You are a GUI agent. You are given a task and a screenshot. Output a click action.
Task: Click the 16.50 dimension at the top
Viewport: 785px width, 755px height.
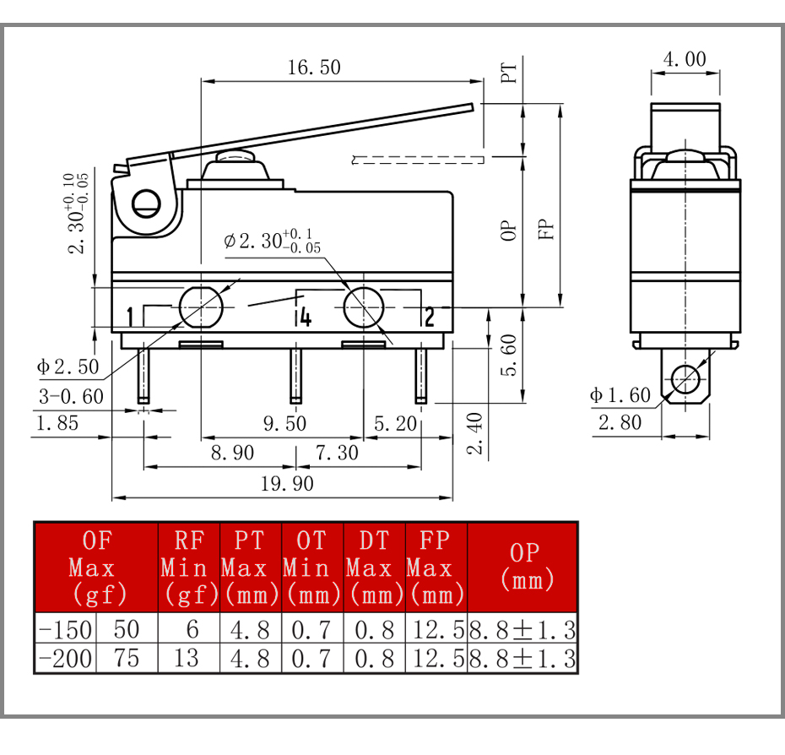click(314, 68)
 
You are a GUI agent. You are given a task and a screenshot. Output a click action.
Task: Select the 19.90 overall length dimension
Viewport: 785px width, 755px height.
click(287, 484)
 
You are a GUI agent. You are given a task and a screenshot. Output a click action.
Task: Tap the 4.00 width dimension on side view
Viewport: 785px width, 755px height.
click(685, 59)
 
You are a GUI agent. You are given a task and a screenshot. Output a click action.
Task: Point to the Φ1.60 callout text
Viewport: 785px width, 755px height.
click(620, 395)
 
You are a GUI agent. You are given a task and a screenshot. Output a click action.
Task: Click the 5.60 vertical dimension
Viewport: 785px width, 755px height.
click(509, 355)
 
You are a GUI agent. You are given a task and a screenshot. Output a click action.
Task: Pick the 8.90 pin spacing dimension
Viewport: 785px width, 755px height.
click(232, 453)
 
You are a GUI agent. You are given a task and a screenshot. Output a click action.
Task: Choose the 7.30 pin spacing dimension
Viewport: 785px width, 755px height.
click(337, 453)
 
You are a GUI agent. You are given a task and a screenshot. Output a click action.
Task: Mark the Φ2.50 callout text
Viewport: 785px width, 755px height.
click(68, 367)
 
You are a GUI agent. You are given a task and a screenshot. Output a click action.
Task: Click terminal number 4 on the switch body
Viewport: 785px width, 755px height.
click(306, 318)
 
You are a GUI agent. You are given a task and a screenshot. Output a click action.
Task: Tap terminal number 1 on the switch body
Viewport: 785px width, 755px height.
click(130, 317)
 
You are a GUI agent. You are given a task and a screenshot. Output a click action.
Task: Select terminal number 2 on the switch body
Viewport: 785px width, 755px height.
click(429, 318)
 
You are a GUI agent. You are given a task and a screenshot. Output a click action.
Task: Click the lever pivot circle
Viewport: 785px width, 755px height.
click(146, 204)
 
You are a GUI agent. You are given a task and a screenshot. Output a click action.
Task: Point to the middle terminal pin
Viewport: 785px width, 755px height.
click(296, 376)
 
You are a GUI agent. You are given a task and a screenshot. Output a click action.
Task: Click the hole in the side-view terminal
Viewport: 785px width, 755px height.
click(685, 379)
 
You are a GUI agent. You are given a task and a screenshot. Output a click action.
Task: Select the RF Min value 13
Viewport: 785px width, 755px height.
click(187, 658)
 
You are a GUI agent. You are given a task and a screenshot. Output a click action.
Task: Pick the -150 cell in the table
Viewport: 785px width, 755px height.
click(65, 630)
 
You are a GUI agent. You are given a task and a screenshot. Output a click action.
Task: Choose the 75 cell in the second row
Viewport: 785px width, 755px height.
click(126, 658)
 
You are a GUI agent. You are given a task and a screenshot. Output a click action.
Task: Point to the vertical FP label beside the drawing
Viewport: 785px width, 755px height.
click(545, 229)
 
